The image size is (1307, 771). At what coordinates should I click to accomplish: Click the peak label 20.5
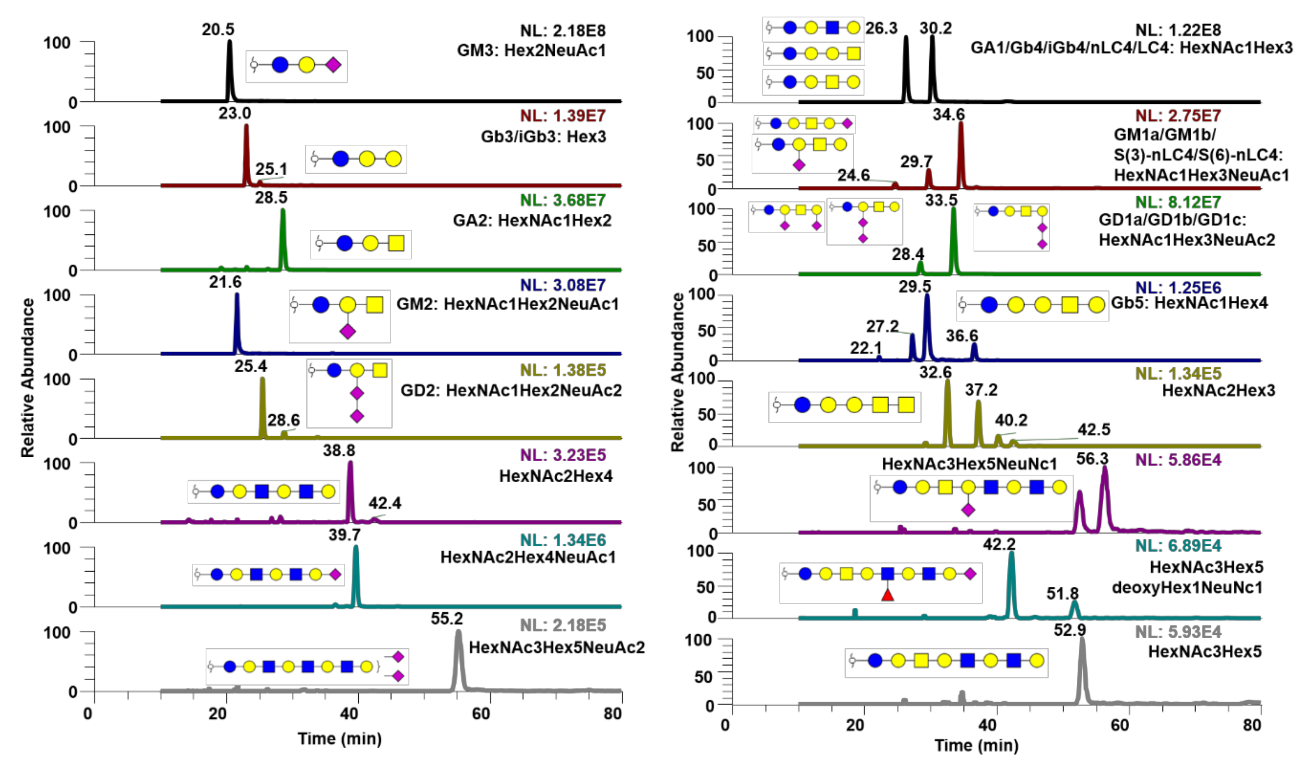tap(218, 30)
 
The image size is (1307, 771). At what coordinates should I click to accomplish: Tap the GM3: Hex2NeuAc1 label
tap(531, 50)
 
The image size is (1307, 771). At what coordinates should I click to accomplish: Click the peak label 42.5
tap(1093, 430)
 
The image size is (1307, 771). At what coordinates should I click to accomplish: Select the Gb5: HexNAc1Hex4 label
tap(1189, 302)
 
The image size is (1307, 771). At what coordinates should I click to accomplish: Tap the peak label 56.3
tap(1092, 459)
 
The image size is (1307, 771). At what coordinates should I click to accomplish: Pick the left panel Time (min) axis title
tap(339, 738)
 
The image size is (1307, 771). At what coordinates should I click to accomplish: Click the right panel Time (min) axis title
tap(976, 745)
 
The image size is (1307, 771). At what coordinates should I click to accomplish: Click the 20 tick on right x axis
tap(855, 725)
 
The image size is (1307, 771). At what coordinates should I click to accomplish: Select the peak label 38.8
tap(339, 450)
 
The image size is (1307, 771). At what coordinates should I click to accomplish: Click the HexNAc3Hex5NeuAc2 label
tap(557, 647)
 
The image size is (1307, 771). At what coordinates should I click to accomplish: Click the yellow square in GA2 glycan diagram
tap(396, 243)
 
